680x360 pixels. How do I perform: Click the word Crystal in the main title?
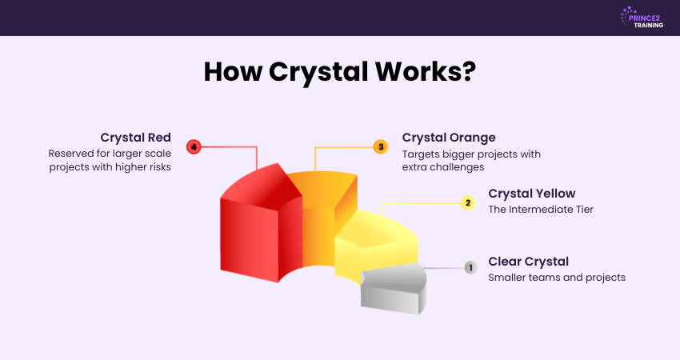point(318,72)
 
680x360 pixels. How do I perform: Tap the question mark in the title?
point(468,71)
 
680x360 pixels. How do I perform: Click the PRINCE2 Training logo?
point(642,18)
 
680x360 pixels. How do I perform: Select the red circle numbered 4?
point(194,147)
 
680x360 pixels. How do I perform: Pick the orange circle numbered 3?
point(381,146)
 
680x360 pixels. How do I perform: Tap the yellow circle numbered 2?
point(468,202)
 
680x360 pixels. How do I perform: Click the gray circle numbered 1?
point(470,268)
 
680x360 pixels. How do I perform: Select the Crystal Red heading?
point(136,138)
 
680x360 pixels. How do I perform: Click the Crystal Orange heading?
point(449,138)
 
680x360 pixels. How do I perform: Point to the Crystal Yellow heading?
point(532,194)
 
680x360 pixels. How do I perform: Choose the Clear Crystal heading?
point(528,262)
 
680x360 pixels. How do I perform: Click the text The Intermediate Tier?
point(541,210)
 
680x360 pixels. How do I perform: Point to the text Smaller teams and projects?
point(557,278)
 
